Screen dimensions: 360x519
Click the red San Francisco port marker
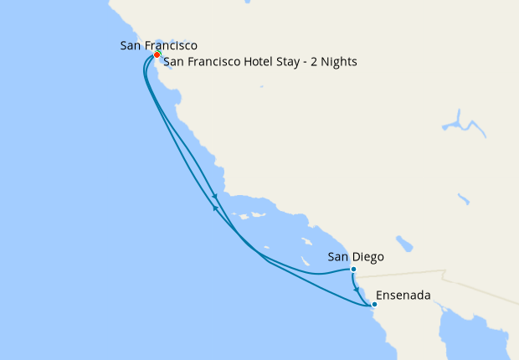tap(157, 55)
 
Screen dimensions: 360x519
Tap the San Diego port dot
tap(353, 270)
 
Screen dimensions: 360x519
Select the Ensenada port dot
tap(374, 305)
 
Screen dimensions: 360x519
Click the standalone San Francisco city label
tap(159, 44)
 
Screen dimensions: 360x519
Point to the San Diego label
tap(356, 257)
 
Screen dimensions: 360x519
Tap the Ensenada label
tap(405, 296)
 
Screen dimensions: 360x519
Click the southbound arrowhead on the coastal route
tap(226, 197)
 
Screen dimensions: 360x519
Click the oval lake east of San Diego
tap(405, 244)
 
